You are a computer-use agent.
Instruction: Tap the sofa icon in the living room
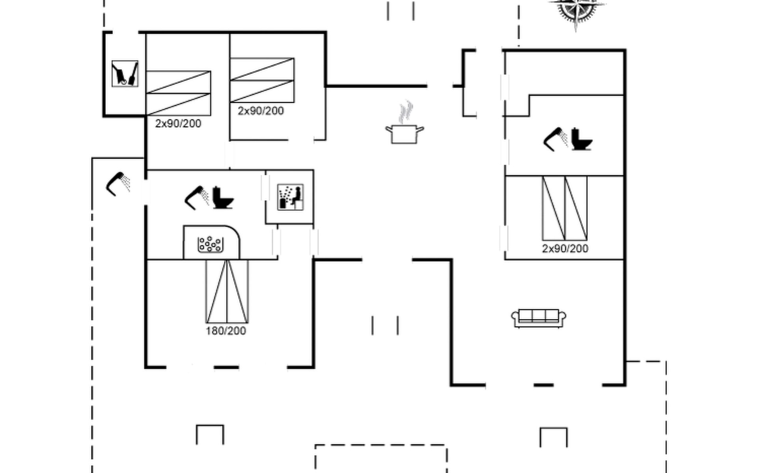539,318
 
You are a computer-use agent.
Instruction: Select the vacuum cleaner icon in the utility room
125,74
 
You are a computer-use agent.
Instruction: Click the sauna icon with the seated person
290,197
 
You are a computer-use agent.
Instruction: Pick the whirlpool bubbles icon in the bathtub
211,244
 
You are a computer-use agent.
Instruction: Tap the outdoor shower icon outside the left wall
118,183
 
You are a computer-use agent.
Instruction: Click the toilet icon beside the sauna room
223,197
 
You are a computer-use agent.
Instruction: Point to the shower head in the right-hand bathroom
556,139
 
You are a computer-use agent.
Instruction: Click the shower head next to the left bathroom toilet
197,197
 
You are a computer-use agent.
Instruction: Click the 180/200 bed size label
226,331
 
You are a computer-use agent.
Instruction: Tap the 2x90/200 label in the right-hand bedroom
565,248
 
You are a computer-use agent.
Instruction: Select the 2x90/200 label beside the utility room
178,123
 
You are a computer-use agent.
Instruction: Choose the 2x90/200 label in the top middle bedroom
261,111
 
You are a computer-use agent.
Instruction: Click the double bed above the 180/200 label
227,291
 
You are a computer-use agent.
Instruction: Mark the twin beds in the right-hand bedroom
565,208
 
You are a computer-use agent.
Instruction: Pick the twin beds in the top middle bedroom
262,80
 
